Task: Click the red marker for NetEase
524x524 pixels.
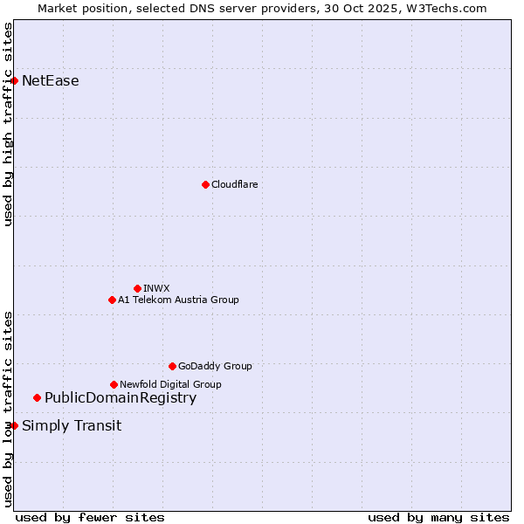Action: pos(14,81)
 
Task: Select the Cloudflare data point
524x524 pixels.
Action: pos(205,184)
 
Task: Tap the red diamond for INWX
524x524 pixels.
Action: pos(137,288)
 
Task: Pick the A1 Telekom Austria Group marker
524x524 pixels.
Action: pos(112,300)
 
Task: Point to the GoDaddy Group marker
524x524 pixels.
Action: pos(172,366)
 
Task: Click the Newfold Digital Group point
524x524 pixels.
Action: pos(114,384)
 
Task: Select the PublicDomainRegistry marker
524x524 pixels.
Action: pos(37,398)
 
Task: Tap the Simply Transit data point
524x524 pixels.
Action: pos(14,426)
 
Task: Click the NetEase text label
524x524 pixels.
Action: pos(51,81)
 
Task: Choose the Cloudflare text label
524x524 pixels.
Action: pos(235,184)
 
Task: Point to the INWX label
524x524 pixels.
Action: pos(157,288)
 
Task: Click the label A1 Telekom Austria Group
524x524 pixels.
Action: pos(178,300)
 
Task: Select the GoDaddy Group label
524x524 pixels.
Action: pos(215,366)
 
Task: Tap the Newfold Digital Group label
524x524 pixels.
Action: pos(170,384)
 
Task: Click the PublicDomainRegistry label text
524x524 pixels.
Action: pos(121,398)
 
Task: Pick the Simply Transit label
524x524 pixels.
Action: pos(72,426)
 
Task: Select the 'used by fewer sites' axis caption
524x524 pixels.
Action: pos(90,517)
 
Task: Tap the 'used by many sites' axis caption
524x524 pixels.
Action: pos(438,517)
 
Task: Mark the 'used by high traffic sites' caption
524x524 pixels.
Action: pos(8,124)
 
